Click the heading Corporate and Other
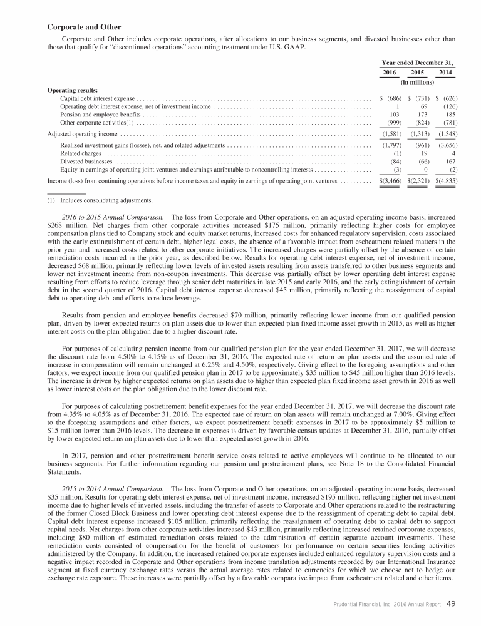(x=85, y=26)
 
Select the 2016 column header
(x=390, y=73)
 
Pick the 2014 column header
(x=445, y=73)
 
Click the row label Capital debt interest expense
(x=98, y=99)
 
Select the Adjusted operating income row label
(x=83, y=134)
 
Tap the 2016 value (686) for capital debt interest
(x=393, y=99)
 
